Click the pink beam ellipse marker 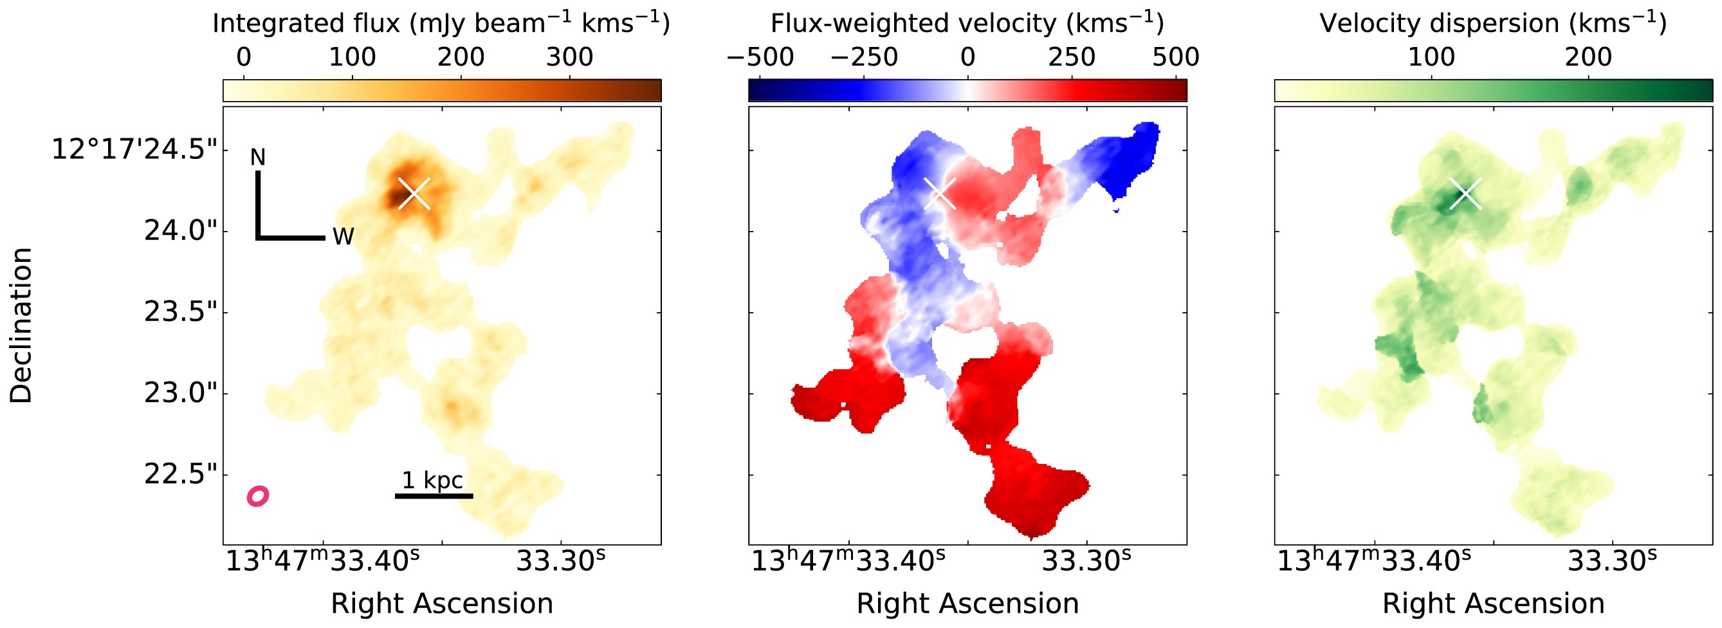(258, 495)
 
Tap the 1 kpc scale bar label (432, 480)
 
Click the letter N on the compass (257, 157)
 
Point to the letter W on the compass (343, 236)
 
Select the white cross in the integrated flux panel (414, 193)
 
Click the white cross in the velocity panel (940, 193)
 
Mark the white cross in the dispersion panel (1466, 194)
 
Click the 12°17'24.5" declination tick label (134, 149)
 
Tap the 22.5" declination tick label (181, 474)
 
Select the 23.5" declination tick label (181, 311)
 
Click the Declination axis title (21, 325)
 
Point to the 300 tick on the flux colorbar (569, 57)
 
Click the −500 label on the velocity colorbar (760, 57)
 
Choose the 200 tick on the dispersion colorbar (1588, 57)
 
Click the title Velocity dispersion (1493, 23)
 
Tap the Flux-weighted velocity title (967, 23)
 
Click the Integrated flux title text (441, 23)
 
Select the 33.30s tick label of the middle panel (1086, 561)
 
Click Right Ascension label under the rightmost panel (1494, 604)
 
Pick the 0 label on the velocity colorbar (967, 57)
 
